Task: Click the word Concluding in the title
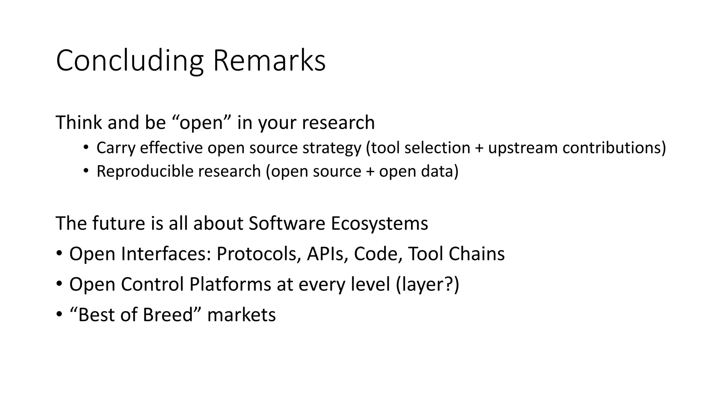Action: tap(130, 61)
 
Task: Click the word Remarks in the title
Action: tap(269, 61)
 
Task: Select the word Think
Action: tap(79, 123)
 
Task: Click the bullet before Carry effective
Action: tap(86, 148)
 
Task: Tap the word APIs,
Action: tap(327, 254)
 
